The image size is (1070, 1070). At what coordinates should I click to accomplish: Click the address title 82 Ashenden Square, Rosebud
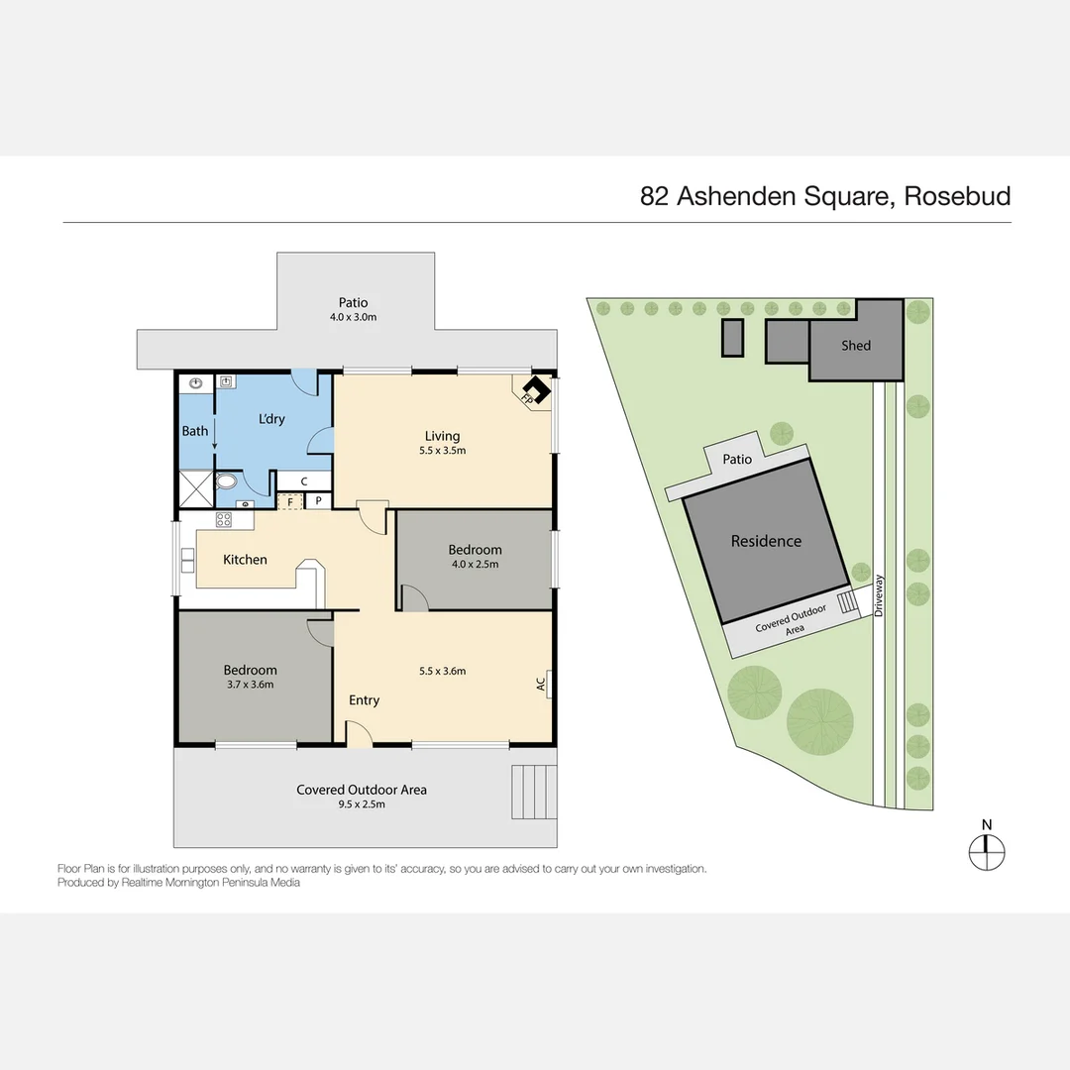coord(825,196)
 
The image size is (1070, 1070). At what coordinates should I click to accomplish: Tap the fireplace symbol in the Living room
coord(535,390)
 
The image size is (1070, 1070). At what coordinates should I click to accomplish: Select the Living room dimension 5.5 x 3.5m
coord(443,450)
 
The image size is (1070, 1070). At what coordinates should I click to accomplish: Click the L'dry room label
coord(271,419)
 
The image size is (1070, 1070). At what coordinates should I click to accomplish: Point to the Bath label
coord(195,431)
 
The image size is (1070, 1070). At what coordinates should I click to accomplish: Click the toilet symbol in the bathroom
coord(227,482)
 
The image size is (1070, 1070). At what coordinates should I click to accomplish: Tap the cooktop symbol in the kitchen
coord(224,518)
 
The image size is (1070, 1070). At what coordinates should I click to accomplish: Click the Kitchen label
coord(245,560)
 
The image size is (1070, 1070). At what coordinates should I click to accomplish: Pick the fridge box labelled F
coord(290,501)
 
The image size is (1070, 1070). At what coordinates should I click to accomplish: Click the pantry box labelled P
coord(318,501)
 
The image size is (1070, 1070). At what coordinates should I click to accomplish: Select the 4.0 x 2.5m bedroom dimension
coord(475,564)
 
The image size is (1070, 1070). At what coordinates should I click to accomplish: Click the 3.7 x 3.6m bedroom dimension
coord(250,684)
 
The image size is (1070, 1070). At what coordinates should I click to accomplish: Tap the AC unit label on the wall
coord(541,683)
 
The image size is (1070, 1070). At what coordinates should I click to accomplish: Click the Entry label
coord(364,700)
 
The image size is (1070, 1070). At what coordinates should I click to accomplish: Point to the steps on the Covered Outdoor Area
coord(533,792)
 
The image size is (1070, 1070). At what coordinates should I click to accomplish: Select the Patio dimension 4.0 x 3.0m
coord(354,317)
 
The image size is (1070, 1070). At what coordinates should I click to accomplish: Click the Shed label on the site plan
coord(856,346)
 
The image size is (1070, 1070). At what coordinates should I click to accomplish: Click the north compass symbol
coord(986,848)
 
